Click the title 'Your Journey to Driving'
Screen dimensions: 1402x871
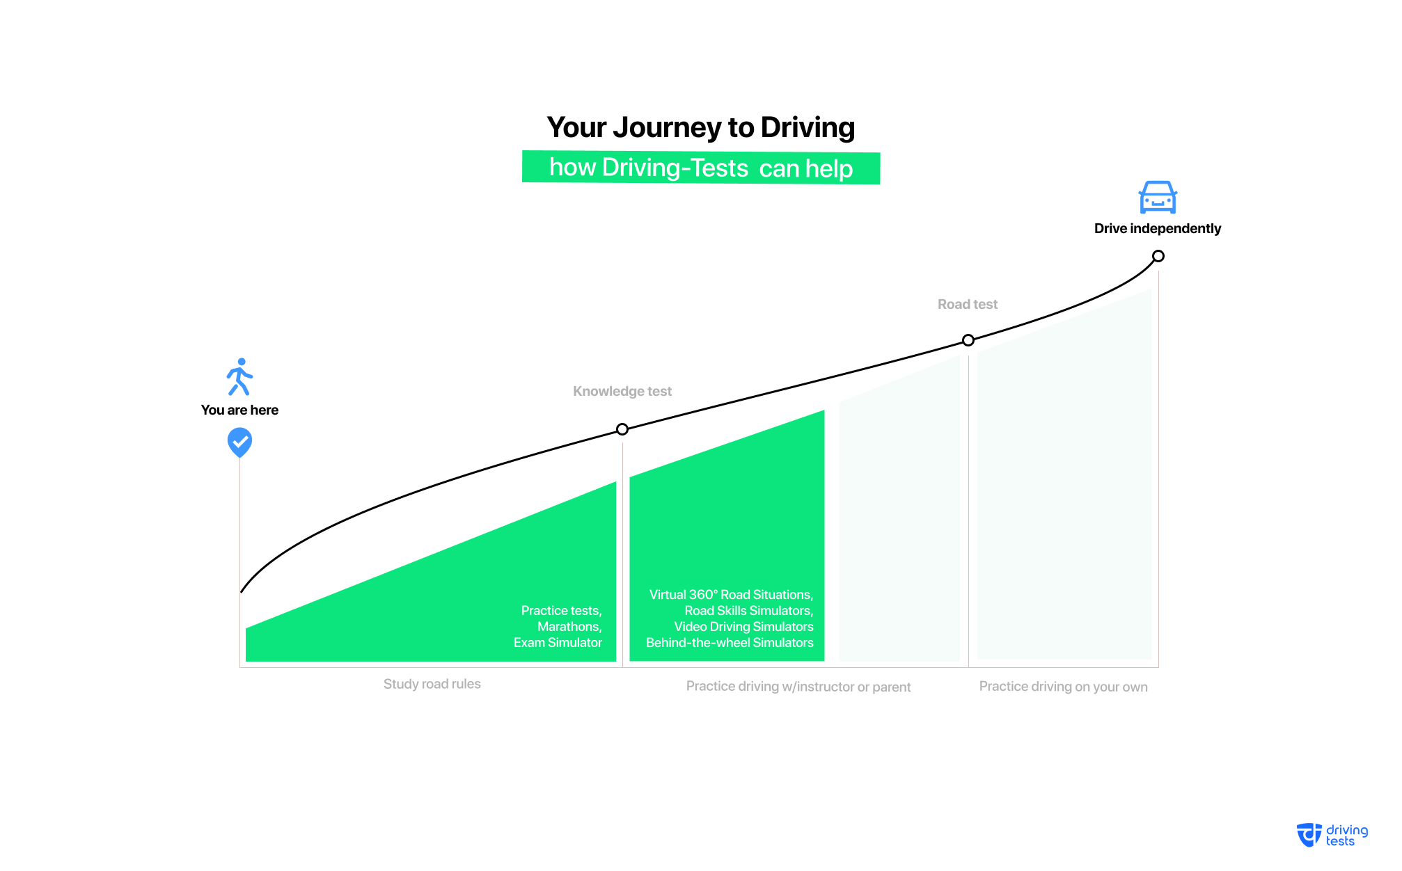coord(700,128)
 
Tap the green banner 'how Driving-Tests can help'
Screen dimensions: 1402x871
coord(701,168)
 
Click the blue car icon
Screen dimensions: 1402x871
coord(1158,197)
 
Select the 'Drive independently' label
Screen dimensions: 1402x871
coord(1158,229)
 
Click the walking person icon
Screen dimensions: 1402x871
coord(239,377)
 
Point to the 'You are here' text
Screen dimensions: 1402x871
coord(239,410)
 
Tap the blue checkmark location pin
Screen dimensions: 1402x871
coord(239,442)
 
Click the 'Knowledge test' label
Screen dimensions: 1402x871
coord(622,392)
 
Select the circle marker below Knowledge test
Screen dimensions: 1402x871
coord(622,429)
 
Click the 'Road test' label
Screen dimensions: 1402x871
coord(968,304)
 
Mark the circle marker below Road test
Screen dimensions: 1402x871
coord(968,340)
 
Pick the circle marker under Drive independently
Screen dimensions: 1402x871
coord(1158,256)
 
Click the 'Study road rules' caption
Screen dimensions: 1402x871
coord(432,684)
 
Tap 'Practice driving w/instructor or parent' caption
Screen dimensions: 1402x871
coord(798,687)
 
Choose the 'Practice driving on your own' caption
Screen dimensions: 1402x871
coord(1064,687)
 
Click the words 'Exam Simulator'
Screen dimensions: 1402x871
coord(558,643)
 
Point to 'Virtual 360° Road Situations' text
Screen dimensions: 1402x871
coord(730,595)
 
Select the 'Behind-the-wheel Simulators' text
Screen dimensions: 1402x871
coord(730,643)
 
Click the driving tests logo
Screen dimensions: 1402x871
coord(1332,836)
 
